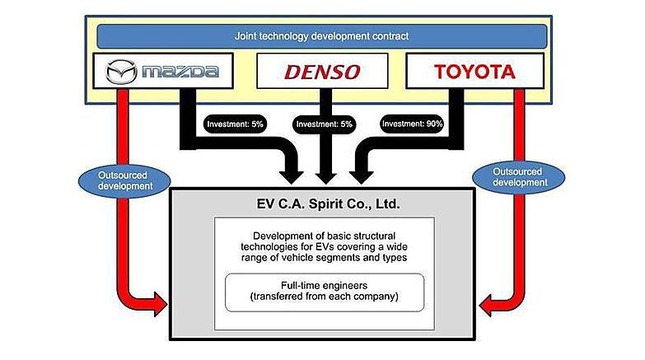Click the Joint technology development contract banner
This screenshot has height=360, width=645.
pyautogui.click(x=322, y=36)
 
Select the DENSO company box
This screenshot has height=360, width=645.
pyautogui.click(x=322, y=72)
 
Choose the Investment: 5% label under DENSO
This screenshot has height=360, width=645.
pyautogui.click(x=322, y=124)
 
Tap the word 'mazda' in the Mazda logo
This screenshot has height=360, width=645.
pyautogui.click(x=180, y=72)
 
